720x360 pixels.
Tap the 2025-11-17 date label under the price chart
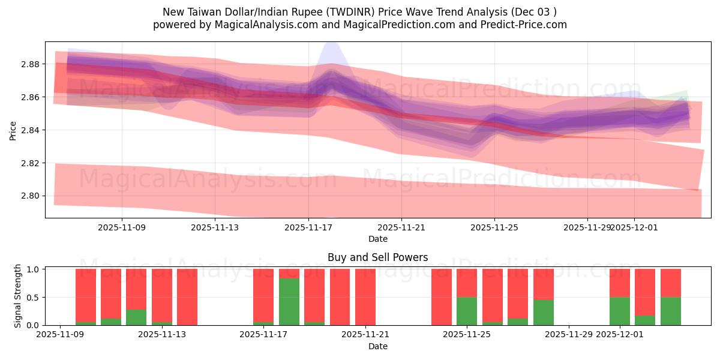click(x=308, y=228)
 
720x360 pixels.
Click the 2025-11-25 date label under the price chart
click(x=494, y=228)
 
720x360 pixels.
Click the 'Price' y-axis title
click(x=13, y=130)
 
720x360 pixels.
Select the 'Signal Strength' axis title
click(x=18, y=296)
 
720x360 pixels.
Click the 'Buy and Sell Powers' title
click(x=377, y=257)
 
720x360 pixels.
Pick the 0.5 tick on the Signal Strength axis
click(x=34, y=298)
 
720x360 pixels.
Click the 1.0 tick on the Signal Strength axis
click(x=34, y=269)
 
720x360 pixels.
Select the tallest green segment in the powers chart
click(x=289, y=302)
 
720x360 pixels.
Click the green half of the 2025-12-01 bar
click(x=619, y=311)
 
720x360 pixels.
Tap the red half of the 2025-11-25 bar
click(x=467, y=283)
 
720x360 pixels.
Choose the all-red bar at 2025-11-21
click(x=365, y=297)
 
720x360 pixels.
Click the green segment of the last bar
click(x=670, y=311)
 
